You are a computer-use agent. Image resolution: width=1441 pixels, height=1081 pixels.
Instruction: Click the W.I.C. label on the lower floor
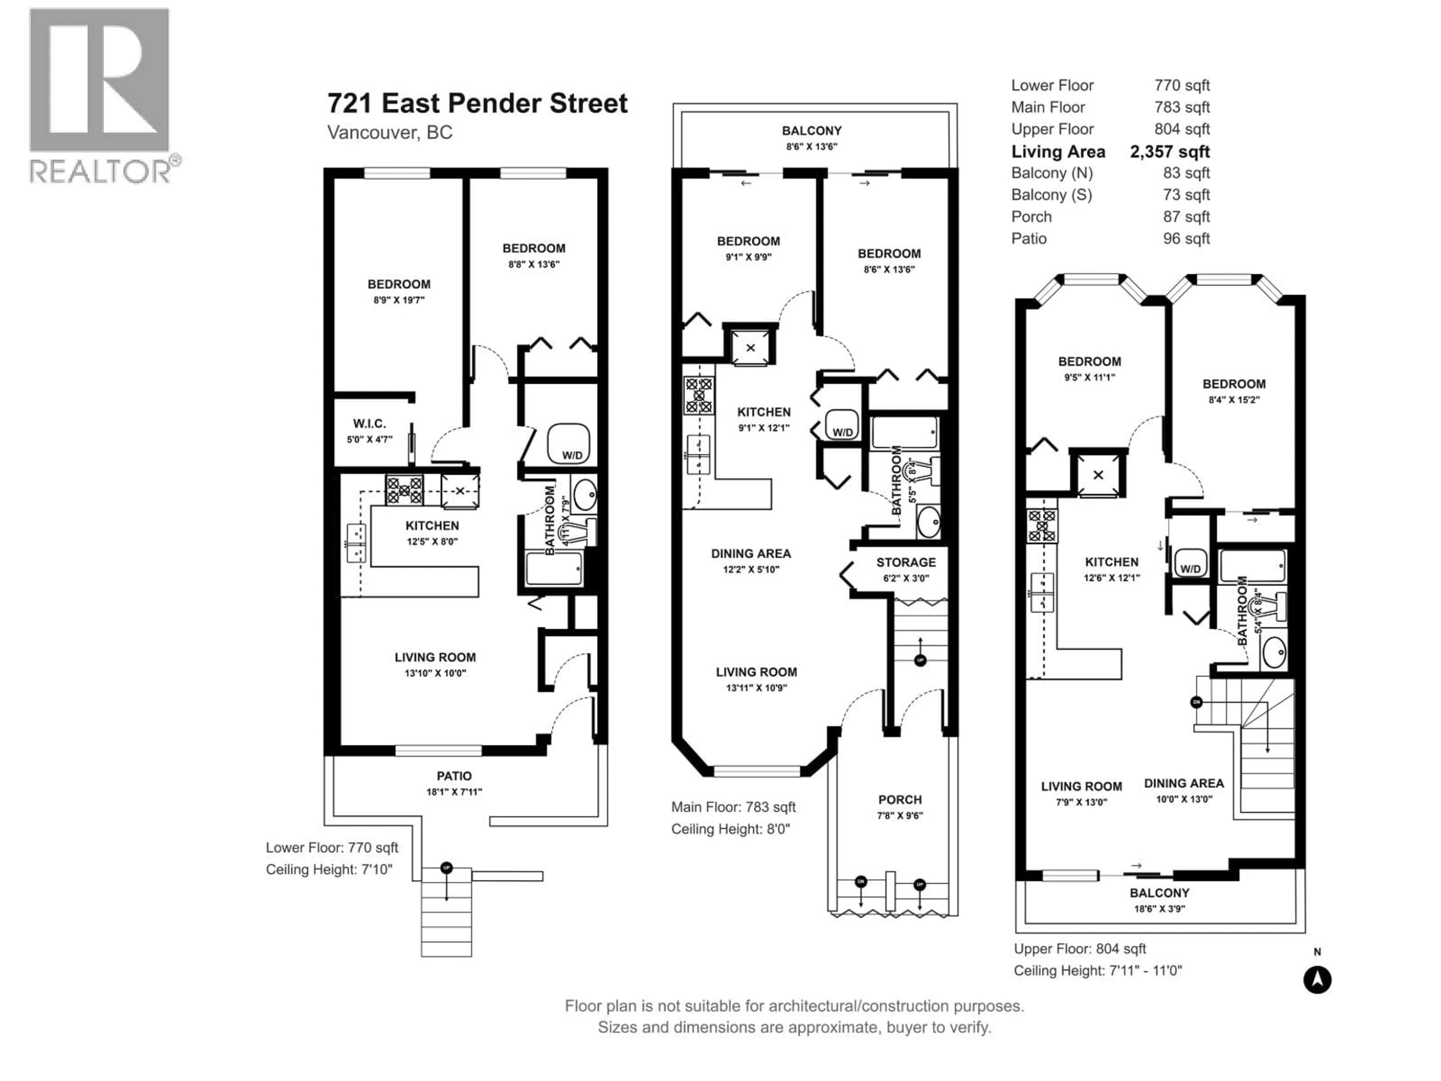(369, 423)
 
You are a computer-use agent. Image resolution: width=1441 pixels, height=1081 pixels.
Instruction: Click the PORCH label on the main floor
(899, 799)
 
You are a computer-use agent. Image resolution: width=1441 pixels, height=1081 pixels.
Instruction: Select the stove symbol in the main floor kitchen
(698, 396)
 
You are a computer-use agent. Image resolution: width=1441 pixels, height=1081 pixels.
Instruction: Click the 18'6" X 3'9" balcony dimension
(1159, 908)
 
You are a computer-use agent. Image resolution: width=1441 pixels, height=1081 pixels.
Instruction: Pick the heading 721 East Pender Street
(477, 103)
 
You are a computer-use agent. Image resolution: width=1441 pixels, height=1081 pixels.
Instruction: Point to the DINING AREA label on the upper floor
(1184, 783)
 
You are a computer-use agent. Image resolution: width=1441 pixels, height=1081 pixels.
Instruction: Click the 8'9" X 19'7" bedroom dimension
(399, 300)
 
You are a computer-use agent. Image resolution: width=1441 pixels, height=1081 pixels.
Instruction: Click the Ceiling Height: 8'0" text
(730, 829)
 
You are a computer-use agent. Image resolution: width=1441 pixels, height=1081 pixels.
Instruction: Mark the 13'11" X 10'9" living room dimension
(756, 687)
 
